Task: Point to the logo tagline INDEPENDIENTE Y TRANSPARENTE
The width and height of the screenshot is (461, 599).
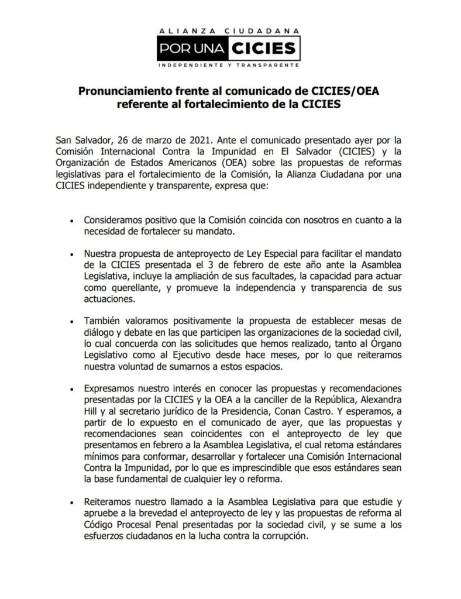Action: (x=230, y=65)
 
